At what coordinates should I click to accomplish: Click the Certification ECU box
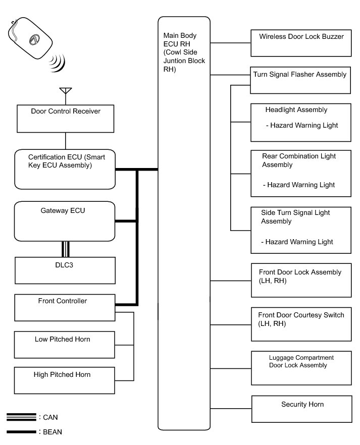tap(66, 170)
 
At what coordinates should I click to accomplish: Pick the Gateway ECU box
tap(65, 221)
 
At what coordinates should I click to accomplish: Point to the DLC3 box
tap(65, 270)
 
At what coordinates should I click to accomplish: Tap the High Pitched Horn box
tap(65, 380)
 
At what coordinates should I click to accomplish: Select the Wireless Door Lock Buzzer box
tap(301, 43)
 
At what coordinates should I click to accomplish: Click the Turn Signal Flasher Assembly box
tap(300, 80)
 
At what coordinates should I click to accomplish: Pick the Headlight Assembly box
tap(301, 123)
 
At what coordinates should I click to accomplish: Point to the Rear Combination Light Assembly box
tap(301, 174)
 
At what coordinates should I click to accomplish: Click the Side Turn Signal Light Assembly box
tap(301, 230)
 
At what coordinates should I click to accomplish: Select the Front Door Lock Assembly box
tap(301, 280)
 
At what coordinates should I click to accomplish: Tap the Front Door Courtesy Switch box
tap(301, 323)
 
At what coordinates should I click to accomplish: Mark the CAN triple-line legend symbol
tap(21, 417)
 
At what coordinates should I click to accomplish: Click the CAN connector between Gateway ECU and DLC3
tap(65, 249)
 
